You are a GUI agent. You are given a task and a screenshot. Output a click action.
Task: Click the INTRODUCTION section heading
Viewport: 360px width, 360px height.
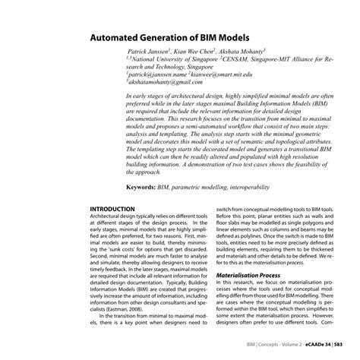(x=112, y=208)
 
